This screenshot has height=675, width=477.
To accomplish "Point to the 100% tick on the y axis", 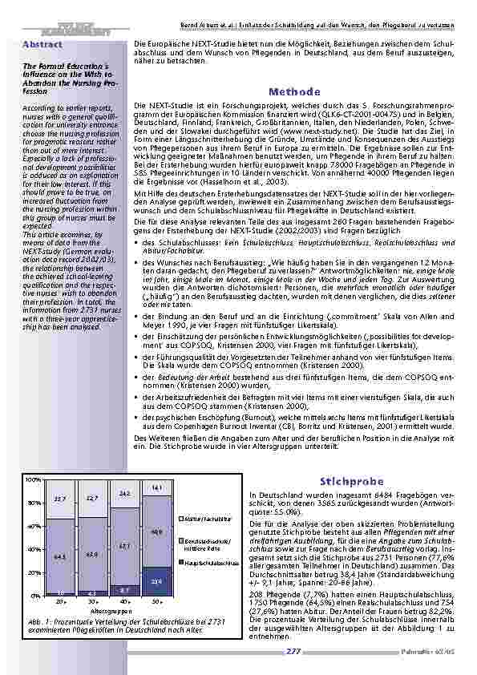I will tap(34, 479).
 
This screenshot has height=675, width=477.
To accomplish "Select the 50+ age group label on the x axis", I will tap(157, 601).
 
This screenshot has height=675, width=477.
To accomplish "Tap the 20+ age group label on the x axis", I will tap(59, 601).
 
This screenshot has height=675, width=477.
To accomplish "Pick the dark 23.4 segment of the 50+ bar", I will tap(157, 582).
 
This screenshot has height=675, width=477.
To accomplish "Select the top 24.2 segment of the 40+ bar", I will tap(124, 494).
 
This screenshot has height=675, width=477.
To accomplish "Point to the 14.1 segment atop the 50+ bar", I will tap(157, 487).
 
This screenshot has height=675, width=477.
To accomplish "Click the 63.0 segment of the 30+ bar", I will tap(92, 554).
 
